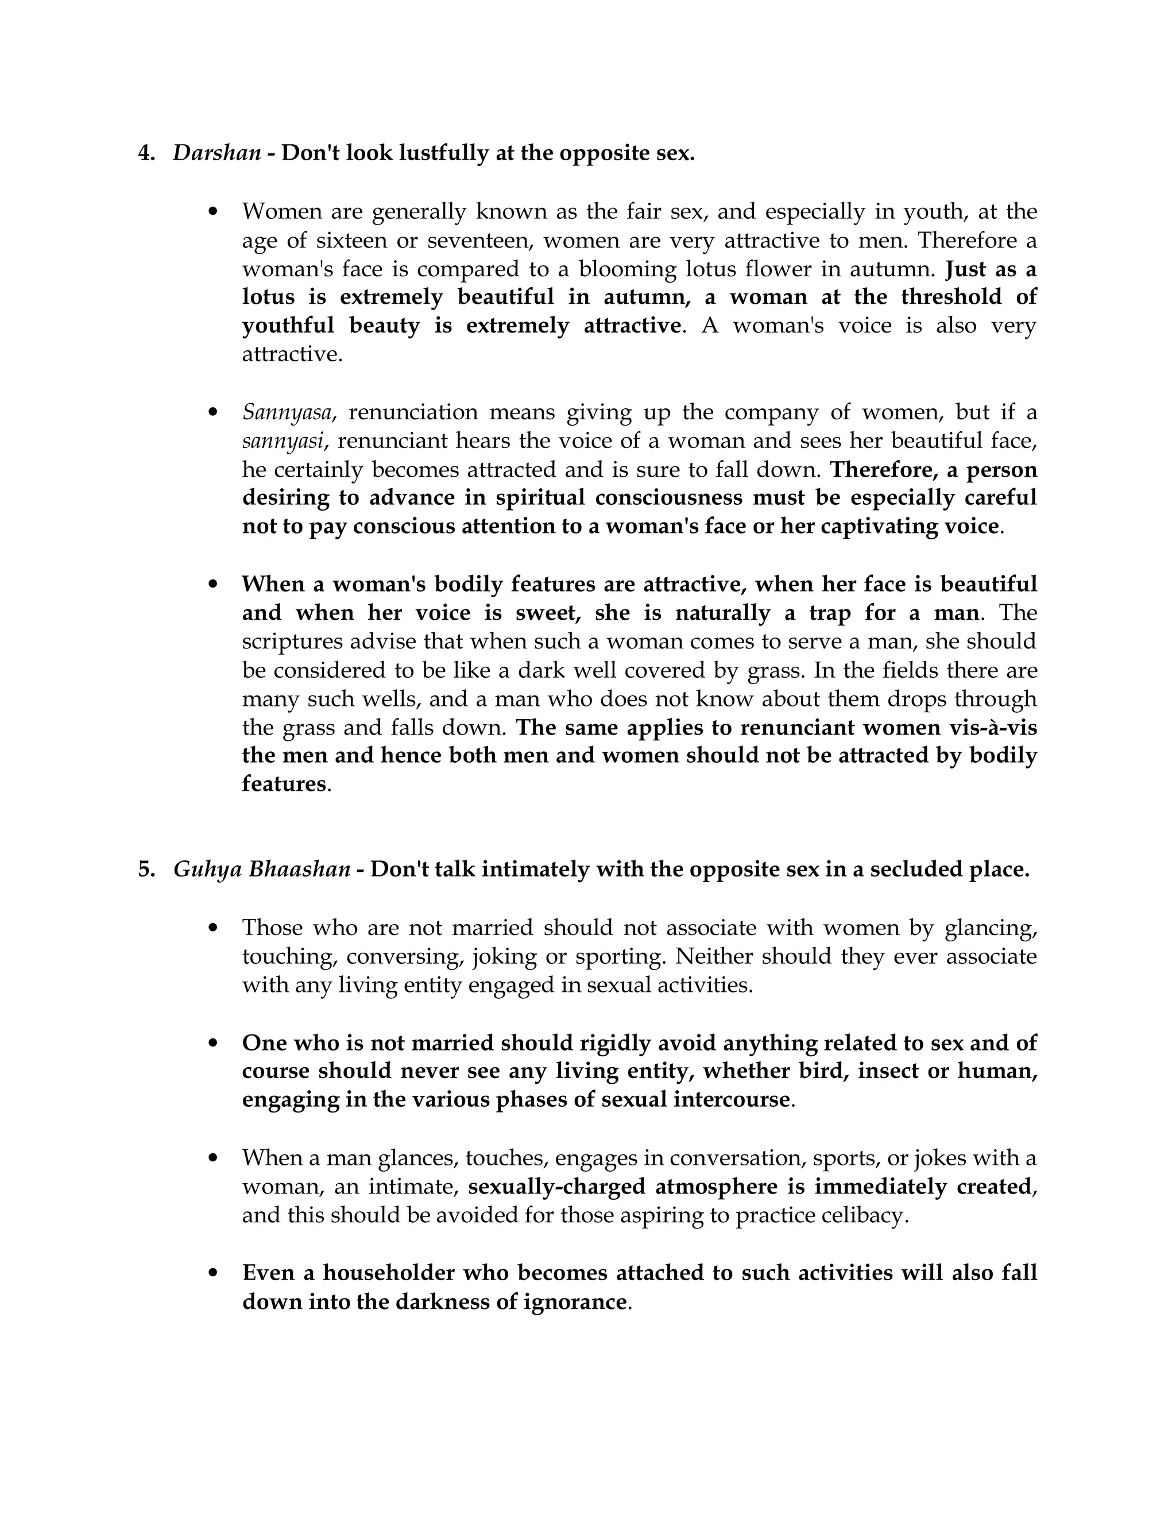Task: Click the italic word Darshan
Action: tap(216, 153)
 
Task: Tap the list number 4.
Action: tap(146, 153)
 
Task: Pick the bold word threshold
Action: tap(951, 296)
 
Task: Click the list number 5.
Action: tap(146, 870)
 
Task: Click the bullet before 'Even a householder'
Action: tap(214, 1273)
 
